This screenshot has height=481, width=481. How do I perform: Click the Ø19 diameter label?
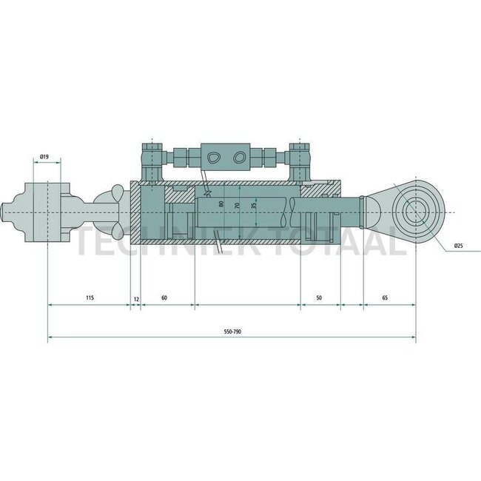(x=44, y=157)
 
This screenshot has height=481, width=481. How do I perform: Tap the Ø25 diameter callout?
(x=460, y=246)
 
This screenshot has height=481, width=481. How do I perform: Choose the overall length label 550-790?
(x=232, y=332)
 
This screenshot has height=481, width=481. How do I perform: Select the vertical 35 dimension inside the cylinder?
(x=254, y=205)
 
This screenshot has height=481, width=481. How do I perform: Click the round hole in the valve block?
(x=238, y=157)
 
